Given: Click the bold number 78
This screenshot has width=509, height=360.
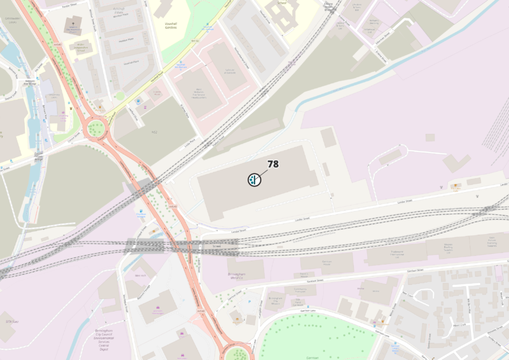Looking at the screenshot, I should [273, 164].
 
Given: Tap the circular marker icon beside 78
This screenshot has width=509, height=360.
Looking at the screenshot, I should [254, 180].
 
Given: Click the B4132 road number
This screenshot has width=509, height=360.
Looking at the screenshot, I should [195, 40].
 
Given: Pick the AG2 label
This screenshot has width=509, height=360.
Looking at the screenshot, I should [153, 132].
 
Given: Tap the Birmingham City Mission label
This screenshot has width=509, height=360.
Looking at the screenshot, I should [80, 48].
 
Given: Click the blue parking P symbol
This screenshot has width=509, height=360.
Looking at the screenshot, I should [249, 301].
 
